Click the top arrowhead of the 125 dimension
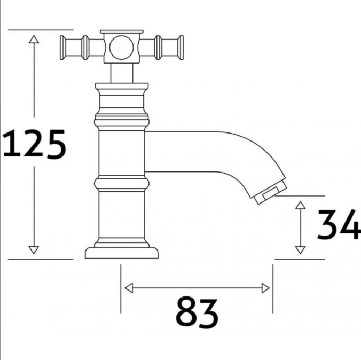(34, 40)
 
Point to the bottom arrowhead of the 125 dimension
(34, 249)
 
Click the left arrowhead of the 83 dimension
(129, 288)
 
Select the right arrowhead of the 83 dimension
(265, 288)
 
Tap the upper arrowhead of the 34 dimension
(301, 206)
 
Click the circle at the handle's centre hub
(121, 48)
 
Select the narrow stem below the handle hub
(121, 74)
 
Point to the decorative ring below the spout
(121, 183)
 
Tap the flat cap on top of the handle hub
(121, 32)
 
